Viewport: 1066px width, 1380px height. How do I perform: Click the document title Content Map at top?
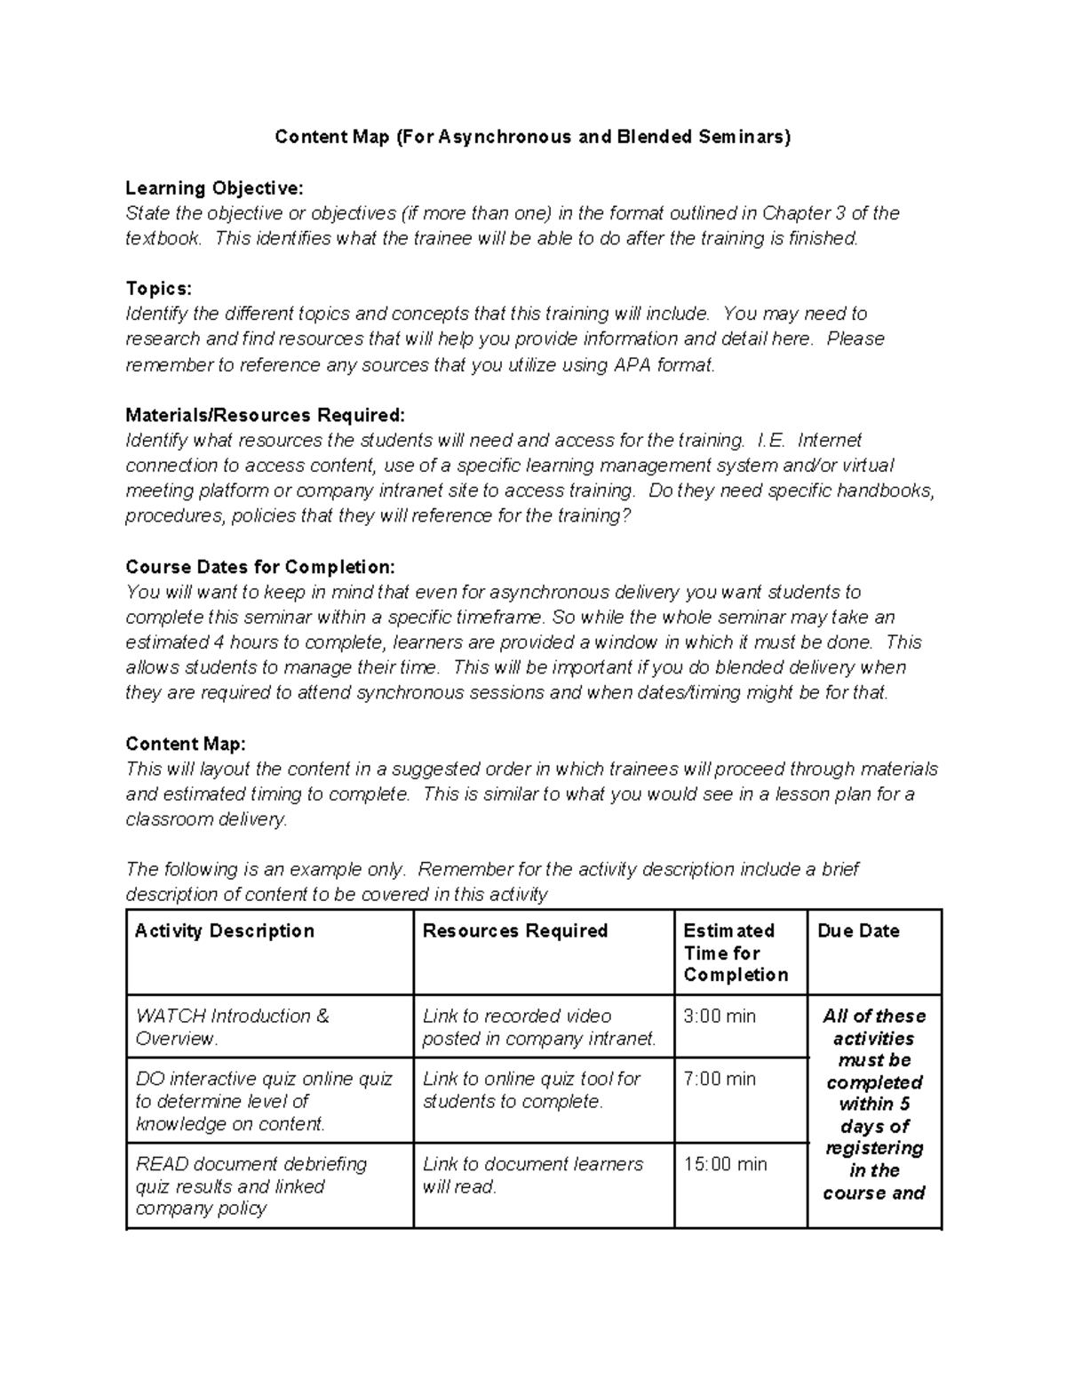pos(532,137)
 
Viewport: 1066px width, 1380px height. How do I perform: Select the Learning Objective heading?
pos(214,188)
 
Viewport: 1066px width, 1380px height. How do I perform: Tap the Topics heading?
pos(158,289)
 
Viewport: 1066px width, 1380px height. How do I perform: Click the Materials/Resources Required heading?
pos(265,415)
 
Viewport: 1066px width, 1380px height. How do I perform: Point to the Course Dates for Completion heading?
pos(260,567)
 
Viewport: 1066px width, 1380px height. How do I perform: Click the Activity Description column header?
pos(225,931)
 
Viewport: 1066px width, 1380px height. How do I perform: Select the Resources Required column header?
pos(515,931)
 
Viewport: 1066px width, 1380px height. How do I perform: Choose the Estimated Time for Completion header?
pos(736,953)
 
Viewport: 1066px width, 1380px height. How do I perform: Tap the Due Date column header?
pos(858,931)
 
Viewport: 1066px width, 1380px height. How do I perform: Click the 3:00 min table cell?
pos(720,1017)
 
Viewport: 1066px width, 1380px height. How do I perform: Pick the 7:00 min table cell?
pos(720,1080)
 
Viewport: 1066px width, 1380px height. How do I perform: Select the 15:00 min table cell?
pos(725,1165)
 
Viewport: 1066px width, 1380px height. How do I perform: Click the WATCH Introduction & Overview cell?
pos(233,1027)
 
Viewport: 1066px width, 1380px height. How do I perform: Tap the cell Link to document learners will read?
pos(532,1176)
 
